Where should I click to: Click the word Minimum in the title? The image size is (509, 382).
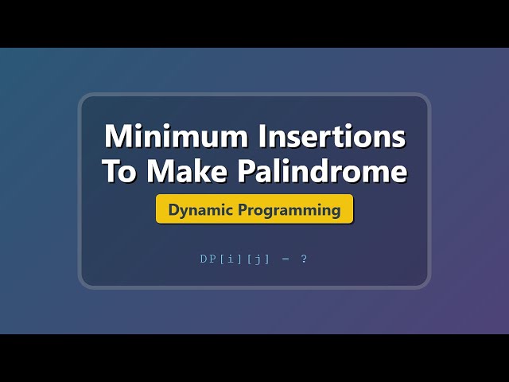click(177, 137)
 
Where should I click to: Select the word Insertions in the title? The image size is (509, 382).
click(332, 137)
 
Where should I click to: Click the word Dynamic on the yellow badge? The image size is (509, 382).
click(197, 210)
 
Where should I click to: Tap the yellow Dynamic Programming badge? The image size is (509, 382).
click(254, 210)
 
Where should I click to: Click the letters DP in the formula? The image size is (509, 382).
click(206, 259)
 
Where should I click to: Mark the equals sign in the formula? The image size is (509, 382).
click(286, 259)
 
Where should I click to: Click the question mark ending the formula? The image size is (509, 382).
click(304, 259)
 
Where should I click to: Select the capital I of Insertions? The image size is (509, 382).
click(262, 137)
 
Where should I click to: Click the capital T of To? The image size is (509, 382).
click(110, 173)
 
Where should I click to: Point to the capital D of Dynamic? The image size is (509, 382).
click(173, 210)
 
